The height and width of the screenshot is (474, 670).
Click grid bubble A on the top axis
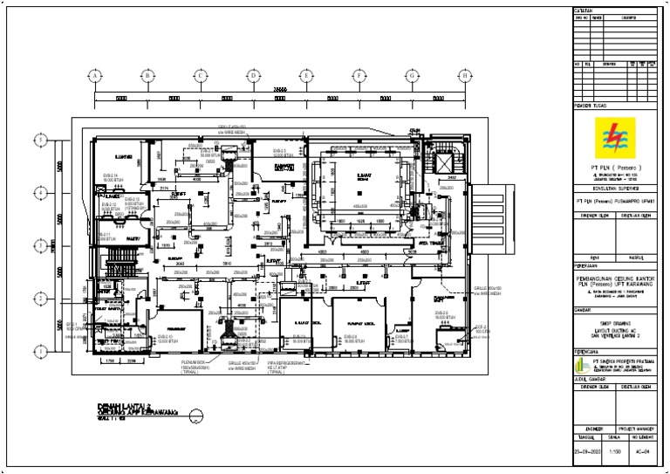(x=93, y=76)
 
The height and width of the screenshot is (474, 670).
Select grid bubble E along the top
(x=306, y=76)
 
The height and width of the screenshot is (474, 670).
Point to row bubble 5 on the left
(x=39, y=139)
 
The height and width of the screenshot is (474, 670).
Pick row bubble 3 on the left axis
(x=39, y=244)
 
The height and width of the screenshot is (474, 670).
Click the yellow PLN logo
(x=617, y=138)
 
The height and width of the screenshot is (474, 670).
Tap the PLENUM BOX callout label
(x=195, y=365)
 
